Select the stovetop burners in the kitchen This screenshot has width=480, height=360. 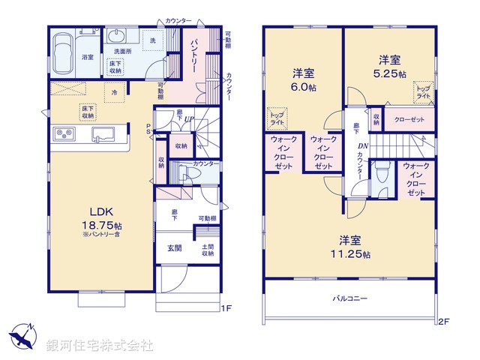click(63, 134)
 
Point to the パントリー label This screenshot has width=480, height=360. click(194, 53)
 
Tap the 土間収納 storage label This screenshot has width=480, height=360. click(208, 249)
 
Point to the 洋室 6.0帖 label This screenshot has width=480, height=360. click(303, 79)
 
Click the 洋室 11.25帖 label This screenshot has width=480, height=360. click(350, 247)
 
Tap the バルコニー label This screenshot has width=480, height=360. click(350, 298)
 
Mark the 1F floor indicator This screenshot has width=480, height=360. click(226, 307)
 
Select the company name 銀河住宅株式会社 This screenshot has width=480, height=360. click(99, 345)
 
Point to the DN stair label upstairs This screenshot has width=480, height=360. click(363, 147)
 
